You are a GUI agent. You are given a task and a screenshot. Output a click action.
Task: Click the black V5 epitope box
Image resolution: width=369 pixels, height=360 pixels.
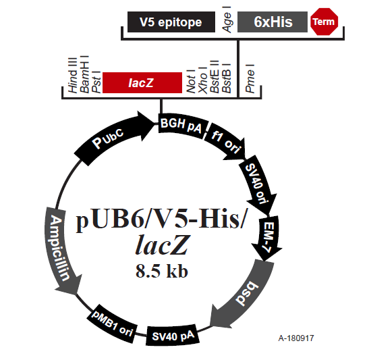click(171, 22)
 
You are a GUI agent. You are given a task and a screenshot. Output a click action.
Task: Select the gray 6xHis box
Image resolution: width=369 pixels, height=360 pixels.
click(273, 22)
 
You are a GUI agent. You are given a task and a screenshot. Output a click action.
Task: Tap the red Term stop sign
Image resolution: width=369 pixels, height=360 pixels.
click(324, 22)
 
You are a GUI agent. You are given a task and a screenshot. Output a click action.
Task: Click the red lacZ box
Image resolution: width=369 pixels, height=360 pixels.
click(142, 82)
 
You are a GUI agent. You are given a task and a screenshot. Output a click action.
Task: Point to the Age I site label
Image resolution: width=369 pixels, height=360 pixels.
click(227, 20)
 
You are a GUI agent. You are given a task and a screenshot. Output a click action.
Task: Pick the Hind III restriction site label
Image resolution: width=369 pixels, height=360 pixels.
click(72, 75)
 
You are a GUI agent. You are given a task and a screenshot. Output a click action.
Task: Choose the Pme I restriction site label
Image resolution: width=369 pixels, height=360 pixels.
click(250, 78)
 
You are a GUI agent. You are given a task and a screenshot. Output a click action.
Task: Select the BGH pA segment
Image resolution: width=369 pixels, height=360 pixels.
click(182, 126)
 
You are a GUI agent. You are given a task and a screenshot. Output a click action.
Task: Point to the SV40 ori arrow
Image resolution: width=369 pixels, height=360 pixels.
click(257, 184)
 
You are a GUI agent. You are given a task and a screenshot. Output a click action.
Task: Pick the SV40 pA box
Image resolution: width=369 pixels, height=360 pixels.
click(173, 336)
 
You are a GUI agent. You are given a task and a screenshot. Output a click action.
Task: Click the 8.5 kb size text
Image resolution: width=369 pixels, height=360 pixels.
click(162, 271)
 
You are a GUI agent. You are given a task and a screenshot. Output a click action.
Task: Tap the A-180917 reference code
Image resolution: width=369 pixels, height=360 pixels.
click(296, 338)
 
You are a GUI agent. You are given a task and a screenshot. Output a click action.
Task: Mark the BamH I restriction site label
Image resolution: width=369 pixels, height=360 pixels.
click(84, 74)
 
